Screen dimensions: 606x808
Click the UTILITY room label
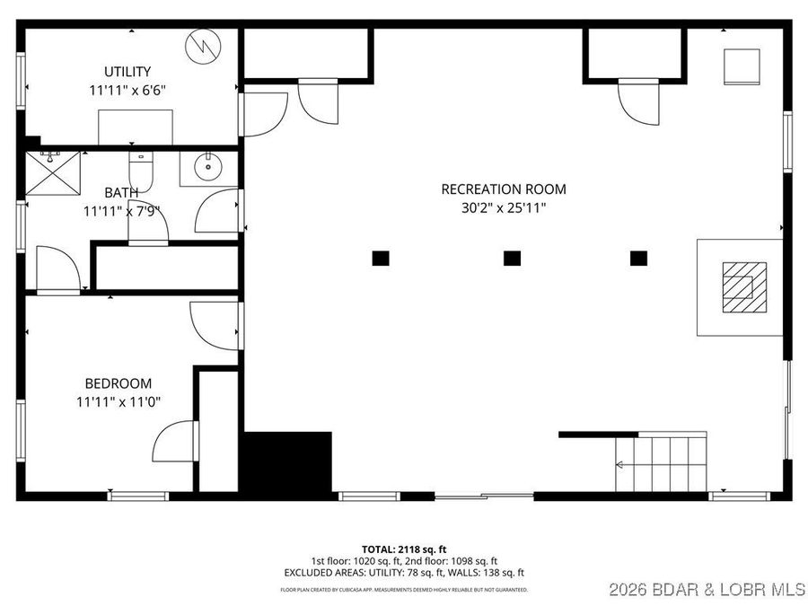127,72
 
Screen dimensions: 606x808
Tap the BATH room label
121,192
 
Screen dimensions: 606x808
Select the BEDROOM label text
119,383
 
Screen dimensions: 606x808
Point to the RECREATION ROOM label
504,189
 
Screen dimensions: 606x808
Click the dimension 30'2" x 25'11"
504,208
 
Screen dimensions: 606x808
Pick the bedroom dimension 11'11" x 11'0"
119,402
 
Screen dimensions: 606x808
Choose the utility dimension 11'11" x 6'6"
127,91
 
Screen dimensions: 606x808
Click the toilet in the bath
142,168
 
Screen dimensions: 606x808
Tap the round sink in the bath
209,166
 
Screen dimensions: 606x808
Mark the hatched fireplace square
745,286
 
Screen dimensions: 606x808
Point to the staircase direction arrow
620,464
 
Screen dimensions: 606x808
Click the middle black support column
512,258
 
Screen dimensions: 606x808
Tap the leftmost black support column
381,258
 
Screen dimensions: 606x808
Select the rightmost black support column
638,258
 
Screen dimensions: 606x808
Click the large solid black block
288,461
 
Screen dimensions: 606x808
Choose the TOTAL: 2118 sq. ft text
403,549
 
